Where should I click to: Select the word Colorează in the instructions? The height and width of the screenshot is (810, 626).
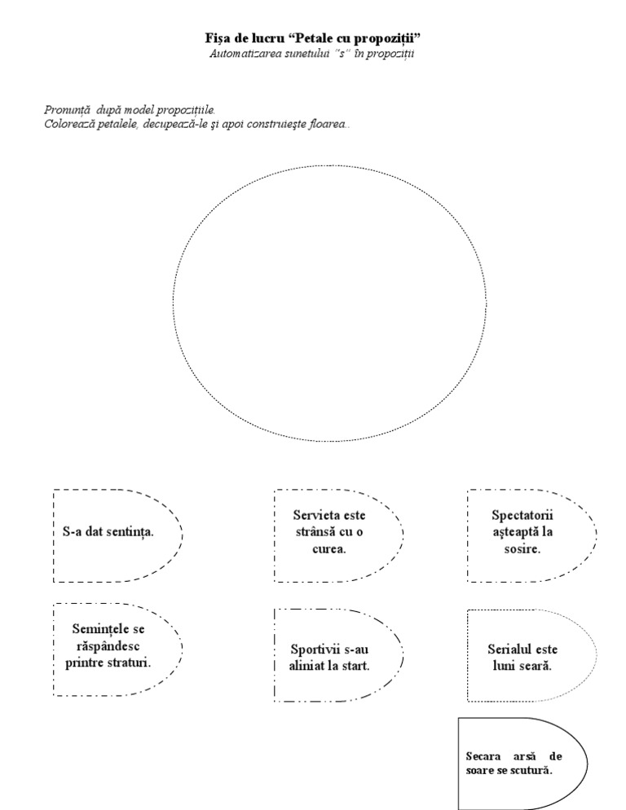pyautogui.click(x=69, y=124)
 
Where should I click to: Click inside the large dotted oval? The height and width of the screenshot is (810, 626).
pyautogui.click(x=326, y=303)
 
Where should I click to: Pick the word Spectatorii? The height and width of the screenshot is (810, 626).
pyautogui.click(x=522, y=516)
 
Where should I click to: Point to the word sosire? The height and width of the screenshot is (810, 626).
pyautogui.click(x=522, y=548)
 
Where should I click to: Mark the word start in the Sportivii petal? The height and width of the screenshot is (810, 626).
pyautogui.click(x=356, y=666)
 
